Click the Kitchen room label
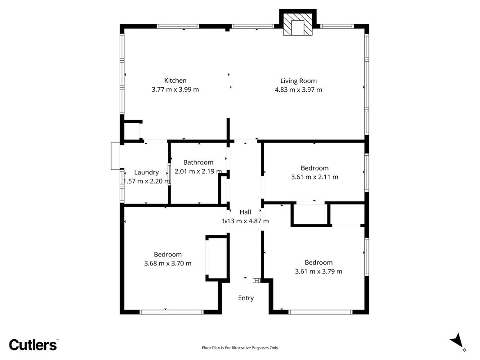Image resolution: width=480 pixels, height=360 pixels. coord(175,81)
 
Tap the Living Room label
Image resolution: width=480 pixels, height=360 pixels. coord(298,81)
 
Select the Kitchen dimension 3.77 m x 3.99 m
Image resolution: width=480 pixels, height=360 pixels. coord(175,90)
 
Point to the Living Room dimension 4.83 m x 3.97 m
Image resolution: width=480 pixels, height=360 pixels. coord(298,90)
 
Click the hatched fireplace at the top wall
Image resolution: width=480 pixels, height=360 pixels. coord(297,24)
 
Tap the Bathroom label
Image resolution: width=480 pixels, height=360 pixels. coord(198,162)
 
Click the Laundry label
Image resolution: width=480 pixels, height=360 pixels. coord(146,172)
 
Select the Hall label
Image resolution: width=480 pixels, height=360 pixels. coord(245,212)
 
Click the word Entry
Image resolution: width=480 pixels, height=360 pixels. coord(246,298)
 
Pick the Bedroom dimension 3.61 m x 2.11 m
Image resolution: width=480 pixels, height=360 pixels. coord(315,177)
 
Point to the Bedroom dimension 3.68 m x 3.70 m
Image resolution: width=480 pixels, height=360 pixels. coord(168,263)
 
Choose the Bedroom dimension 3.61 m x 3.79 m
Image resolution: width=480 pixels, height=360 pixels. coord(319,271)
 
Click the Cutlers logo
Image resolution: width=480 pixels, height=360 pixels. coord(33,345)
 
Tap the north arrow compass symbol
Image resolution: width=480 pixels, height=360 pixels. coord(458,341)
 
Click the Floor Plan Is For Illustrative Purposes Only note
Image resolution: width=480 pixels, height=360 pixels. coord(240,348)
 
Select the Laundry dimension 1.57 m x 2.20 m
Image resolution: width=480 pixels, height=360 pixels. coord(146,181)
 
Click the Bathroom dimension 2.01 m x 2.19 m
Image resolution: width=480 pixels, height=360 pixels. coord(198,171)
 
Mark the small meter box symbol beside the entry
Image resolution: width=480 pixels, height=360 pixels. coord(256,280)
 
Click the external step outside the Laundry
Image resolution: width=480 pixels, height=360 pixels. coord(116,156)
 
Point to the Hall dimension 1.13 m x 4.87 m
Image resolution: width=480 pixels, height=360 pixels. coord(245,220)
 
